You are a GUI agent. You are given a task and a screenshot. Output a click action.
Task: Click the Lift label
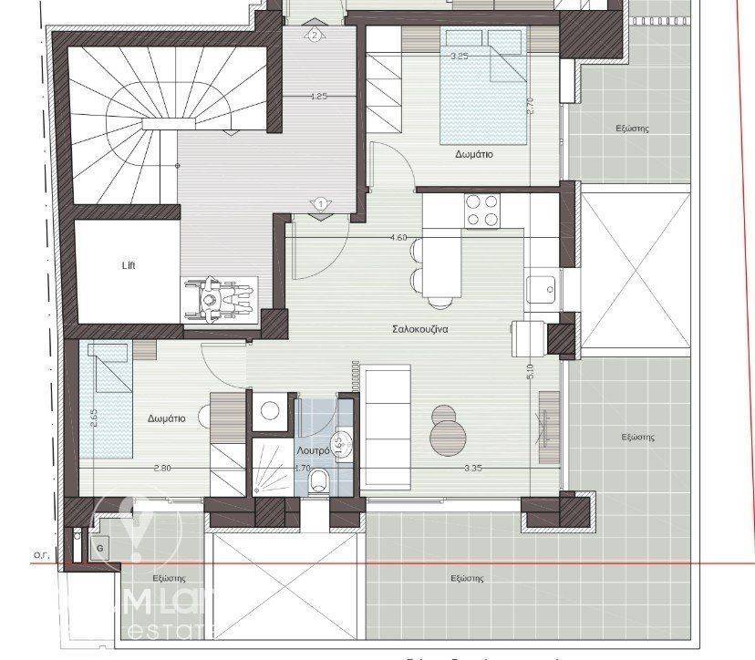[x=129, y=267]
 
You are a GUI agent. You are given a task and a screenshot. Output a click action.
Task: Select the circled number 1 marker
[x=320, y=203]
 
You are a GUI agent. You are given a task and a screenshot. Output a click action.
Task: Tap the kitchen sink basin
[x=543, y=290]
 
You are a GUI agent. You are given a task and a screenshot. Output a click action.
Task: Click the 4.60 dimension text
[x=398, y=238]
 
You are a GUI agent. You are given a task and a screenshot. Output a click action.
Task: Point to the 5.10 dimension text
[x=532, y=372]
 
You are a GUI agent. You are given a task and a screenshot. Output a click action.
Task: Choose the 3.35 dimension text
[x=472, y=469]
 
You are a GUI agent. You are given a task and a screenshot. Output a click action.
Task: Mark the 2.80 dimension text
[x=162, y=469]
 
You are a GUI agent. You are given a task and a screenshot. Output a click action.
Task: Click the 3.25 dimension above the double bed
[x=460, y=56]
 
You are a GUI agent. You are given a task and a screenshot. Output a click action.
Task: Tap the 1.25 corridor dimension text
[x=319, y=95]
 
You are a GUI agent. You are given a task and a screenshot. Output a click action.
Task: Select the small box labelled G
[x=99, y=549]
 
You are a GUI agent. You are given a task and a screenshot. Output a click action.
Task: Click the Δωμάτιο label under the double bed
[x=474, y=155]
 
